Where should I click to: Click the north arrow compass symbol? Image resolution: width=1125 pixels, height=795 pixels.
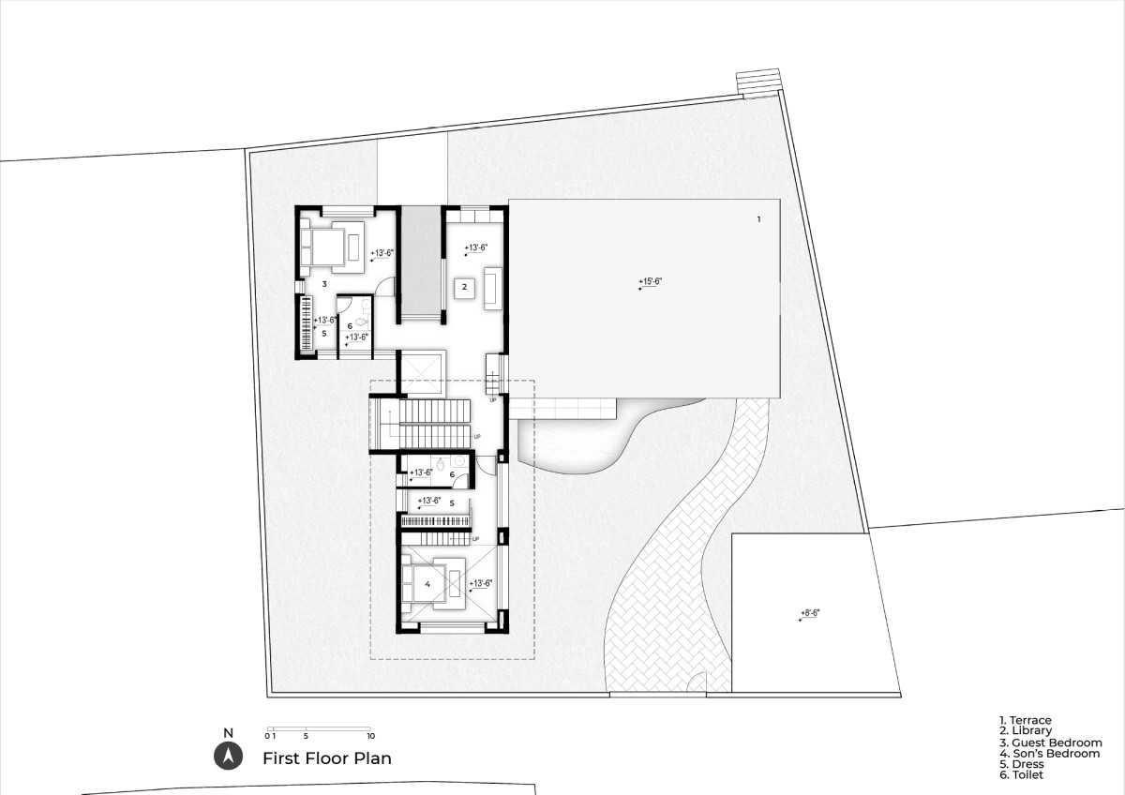pyautogui.click(x=229, y=757)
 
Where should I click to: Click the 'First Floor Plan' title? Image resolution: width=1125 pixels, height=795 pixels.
pyautogui.click(x=327, y=758)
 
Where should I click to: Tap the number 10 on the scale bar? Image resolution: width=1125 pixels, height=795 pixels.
pyautogui.click(x=370, y=736)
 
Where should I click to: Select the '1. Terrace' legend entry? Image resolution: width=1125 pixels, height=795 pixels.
pyautogui.click(x=1025, y=721)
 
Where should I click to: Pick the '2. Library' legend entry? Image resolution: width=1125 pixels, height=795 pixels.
pyautogui.click(x=1025, y=730)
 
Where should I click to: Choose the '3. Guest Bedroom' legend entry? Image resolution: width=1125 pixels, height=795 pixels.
pyautogui.click(x=1051, y=742)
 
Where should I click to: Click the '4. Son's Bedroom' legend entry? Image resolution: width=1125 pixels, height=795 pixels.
pyautogui.click(x=1050, y=754)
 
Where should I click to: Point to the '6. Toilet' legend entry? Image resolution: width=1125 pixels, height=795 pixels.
pyautogui.click(x=1021, y=775)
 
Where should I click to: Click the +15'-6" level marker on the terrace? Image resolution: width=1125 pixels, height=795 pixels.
pyautogui.click(x=650, y=282)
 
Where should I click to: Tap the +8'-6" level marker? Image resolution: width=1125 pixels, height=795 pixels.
pyautogui.click(x=810, y=613)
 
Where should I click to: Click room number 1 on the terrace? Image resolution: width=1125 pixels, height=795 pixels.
pyautogui.click(x=758, y=219)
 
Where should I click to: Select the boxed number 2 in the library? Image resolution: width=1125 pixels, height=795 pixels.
pyautogui.click(x=465, y=287)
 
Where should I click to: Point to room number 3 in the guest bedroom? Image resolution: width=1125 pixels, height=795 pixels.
pyautogui.click(x=324, y=284)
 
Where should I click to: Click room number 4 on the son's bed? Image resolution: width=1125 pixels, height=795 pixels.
pyautogui.click(x=427, y=585)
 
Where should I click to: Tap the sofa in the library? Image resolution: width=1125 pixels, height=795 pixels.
pyautogui.click(x=493, y=288)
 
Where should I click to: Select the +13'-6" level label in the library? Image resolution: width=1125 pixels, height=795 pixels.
pyautogui.click(x=475, y=248)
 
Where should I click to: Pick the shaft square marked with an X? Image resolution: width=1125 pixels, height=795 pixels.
pyautogui.click(x=423, y=372)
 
